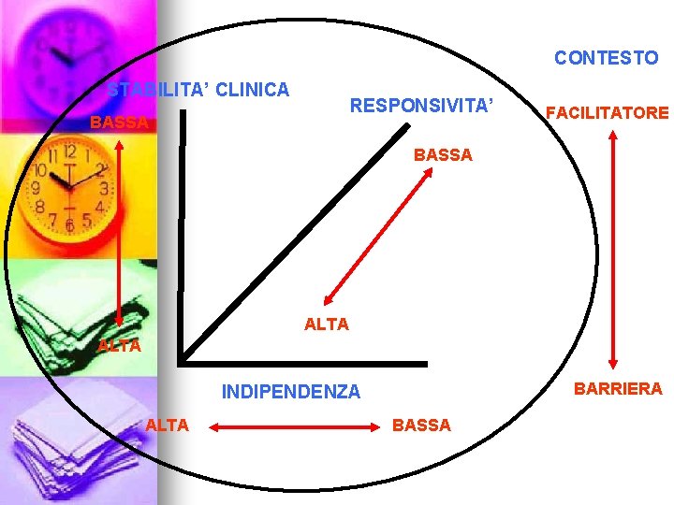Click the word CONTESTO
tap(606, 58)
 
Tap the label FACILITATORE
tap(608, 113)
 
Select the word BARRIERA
tap(618, 388)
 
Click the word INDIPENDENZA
tap(290, 392)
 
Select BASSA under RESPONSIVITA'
tap(443, 155)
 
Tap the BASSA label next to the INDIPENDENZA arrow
tap(421, 426)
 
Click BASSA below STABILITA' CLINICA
tap(119, 123)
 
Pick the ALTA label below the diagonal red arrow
tap(327, 325)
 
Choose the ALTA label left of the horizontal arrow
tap(168, 426)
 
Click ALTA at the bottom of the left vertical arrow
tap(119, 346)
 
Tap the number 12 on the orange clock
tap(69, 151)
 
